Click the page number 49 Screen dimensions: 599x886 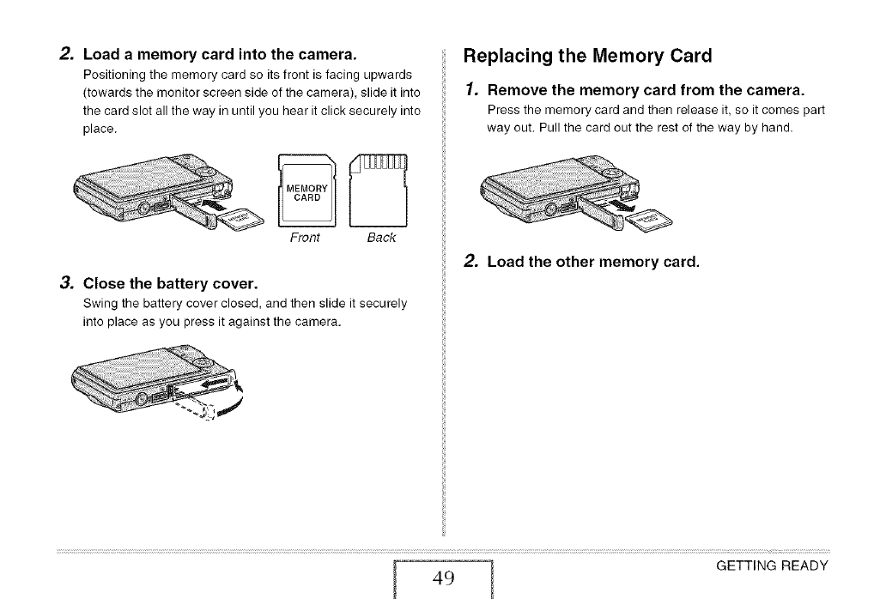tap(443, 577)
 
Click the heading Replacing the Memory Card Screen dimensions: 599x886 tap(588, 57)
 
